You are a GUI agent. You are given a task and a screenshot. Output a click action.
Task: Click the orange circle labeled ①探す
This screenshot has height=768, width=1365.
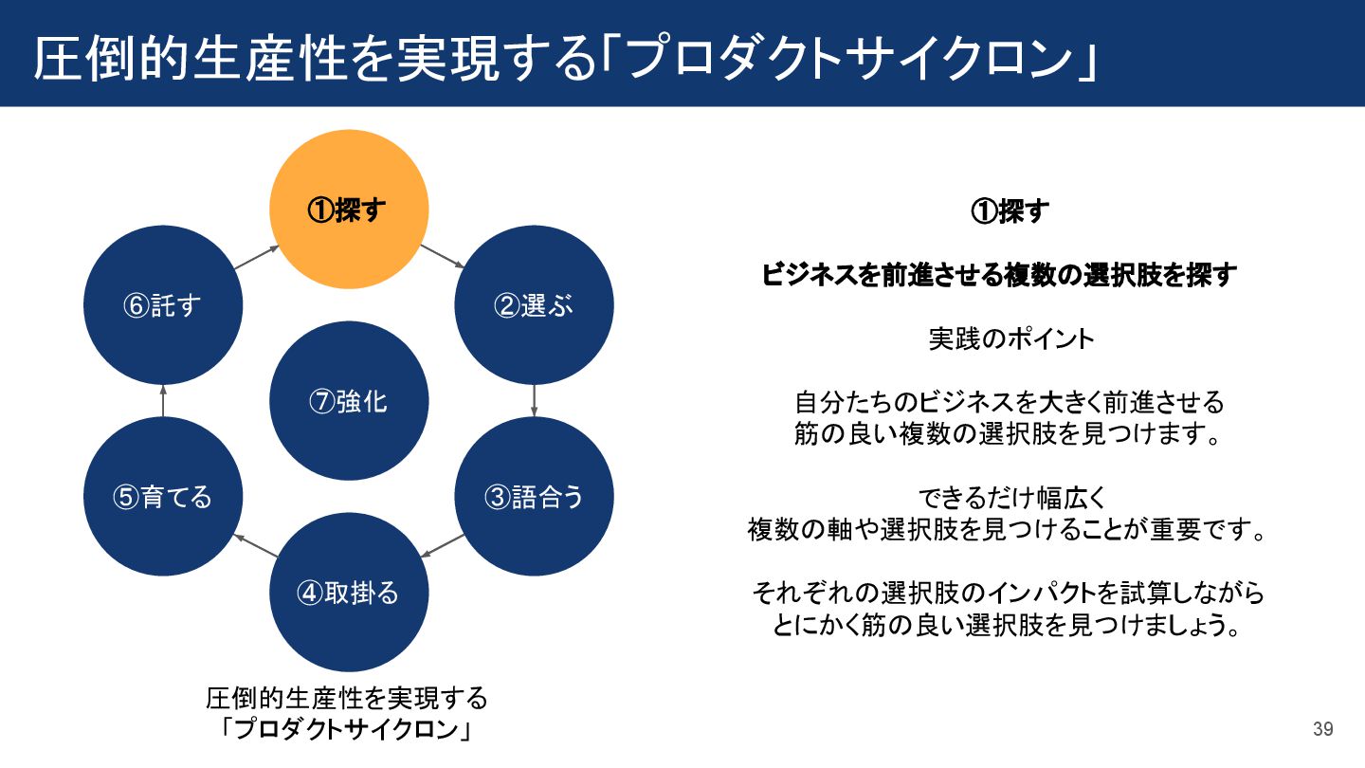coord(349,210)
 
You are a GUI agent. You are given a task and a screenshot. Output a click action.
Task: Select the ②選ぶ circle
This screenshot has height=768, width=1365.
coord(535,305)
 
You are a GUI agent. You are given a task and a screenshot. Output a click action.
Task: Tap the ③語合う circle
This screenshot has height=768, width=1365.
coord(535,497)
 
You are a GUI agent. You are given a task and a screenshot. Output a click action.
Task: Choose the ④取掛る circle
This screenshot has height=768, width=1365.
coord(349,593)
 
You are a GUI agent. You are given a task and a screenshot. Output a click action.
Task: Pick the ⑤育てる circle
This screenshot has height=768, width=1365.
coord(163,497)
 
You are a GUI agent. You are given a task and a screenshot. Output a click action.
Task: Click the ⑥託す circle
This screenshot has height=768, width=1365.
coord(163,305)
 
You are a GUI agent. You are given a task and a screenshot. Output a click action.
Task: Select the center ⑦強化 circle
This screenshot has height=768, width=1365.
coord(349,401)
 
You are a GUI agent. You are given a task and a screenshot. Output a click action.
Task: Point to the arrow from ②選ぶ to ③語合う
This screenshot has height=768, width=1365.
coord(535,400)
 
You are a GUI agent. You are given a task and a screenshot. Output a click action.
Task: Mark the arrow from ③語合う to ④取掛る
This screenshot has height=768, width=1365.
coord(442,545)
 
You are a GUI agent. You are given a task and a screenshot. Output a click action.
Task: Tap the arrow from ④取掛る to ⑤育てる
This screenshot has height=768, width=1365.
coord(256,545)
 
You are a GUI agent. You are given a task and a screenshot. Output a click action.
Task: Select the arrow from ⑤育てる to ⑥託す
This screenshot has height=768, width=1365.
coord(163,400)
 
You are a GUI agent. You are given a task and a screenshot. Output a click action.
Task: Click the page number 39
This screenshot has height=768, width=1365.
coord(1323,729)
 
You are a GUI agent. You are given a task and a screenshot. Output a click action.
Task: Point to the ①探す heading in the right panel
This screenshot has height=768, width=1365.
coord(1010,211)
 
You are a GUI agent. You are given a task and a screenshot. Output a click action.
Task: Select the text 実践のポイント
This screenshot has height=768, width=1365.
coord(1010,338)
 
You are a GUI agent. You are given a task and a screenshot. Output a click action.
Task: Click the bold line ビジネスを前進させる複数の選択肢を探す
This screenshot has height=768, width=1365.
coord(1000,275)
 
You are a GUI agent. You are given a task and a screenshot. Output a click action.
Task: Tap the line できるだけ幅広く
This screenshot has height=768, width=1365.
coord(1010,497)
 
